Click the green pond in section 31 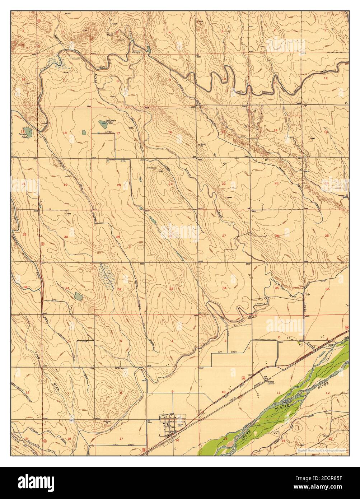(x=78, y=297)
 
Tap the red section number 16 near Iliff (x=177, y=440)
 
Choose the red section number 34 (x=224, y=288)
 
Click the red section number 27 (x=224, y=235)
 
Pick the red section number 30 (x=66, y=237)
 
